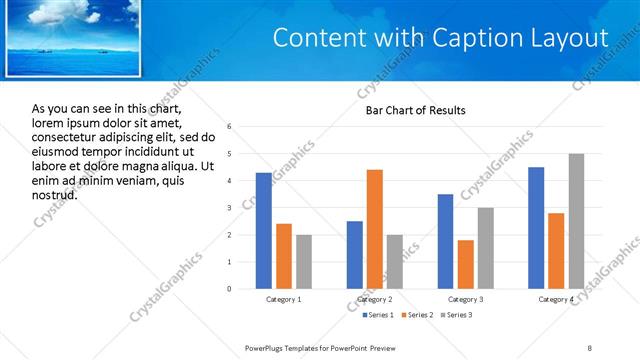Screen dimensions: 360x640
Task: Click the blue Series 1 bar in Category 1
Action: click(263, 231)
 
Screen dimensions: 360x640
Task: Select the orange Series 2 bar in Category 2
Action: click(375, 229)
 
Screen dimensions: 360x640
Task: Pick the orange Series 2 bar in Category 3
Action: click(465, 264)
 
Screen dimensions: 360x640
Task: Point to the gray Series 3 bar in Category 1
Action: click(303, 262)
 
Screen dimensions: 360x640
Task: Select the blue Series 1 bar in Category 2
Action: click(355, 255)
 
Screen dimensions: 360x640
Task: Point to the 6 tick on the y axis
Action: click(230, 127)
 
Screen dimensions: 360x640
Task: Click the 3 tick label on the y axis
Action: click(230, 208)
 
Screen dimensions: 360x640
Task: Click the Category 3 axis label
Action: click(465, 299)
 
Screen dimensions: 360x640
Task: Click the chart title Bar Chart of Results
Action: click(415, 110)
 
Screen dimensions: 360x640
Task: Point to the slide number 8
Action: click(590, 346)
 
